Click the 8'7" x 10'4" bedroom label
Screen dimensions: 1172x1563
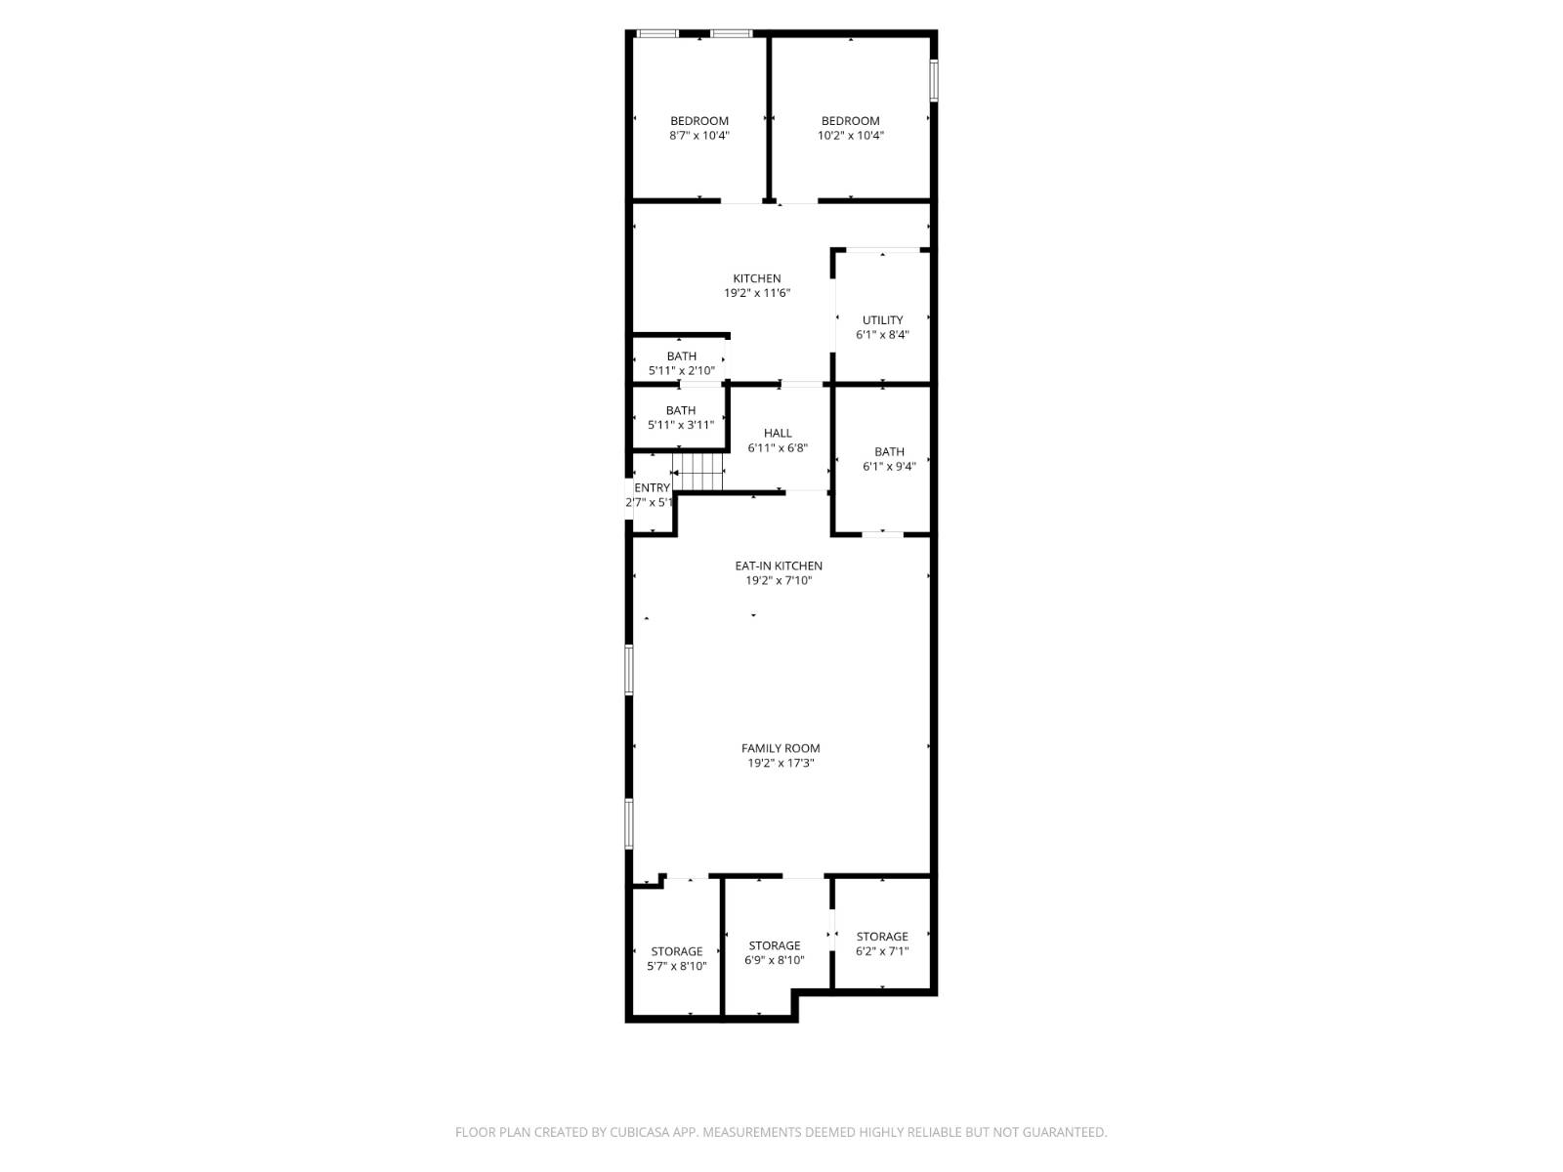pos(699,128)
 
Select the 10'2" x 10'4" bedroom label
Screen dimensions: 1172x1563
pos(850,128)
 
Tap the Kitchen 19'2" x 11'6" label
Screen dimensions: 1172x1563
pos(757,285)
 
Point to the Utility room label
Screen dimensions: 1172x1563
pos(882,326)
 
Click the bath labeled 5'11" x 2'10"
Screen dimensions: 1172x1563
pos(681,363)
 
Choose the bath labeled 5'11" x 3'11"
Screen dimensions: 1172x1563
pos(681,417)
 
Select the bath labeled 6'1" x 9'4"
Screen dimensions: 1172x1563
pos(889,459)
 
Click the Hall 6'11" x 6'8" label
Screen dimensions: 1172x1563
pos(778,440)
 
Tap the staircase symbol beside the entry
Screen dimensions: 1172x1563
pos(697,473)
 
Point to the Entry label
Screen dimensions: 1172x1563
pos(653,488)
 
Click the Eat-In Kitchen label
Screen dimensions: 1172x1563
pos(779,565)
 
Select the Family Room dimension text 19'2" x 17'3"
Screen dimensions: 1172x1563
pos(781,763)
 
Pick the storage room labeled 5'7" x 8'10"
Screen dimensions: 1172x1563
pos(677,958)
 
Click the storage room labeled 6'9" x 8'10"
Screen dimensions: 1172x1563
pos(775,952)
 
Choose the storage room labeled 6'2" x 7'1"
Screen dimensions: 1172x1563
pos(882,942)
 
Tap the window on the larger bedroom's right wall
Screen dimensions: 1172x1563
pos(934,80)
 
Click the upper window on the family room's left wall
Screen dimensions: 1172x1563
pos(629,669)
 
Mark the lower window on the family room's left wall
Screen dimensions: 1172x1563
pos(629,823)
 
